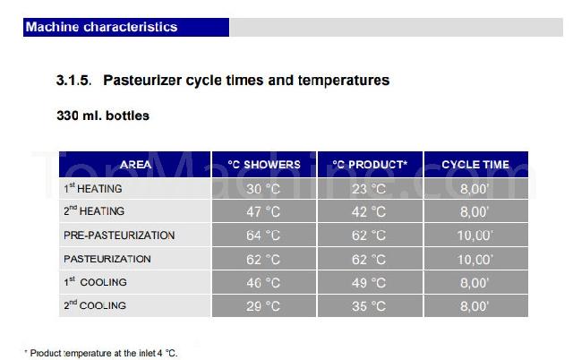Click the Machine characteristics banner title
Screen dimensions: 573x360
(x=101, y=27)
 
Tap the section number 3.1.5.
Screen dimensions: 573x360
(x=73, y=81)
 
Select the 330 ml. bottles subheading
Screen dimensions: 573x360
(x=103, y=116)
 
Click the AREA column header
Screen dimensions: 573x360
(x=135, y=165)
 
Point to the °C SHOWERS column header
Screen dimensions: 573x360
(x=264, y=165)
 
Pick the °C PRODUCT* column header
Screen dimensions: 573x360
(x=370, y=165)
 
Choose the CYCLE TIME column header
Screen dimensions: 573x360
(x=475, y=165)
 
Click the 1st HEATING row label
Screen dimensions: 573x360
(x=93, y=188)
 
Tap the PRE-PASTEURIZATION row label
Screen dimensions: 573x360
(x=119, y=235)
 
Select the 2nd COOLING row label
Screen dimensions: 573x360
(x=95, y=304)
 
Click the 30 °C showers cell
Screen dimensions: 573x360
(x=263, y=189)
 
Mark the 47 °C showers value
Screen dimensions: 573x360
(x=263, y=212)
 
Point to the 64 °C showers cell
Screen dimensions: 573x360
(x=263, y=236)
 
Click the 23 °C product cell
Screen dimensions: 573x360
(x=369, y=189)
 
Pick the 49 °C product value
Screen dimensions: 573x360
(x=369, y=283)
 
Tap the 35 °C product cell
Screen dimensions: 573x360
(x=369, y=306)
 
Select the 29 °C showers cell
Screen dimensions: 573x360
(x=263, y=306)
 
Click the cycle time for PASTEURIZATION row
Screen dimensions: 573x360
(x=475, y=260)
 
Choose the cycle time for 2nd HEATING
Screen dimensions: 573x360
(x=475, y=212)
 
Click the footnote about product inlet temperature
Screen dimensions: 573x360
(x=101, y=354)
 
